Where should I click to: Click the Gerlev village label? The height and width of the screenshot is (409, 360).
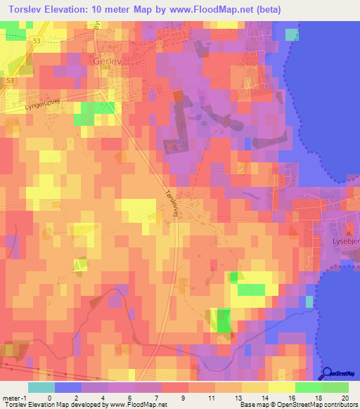(107, 61)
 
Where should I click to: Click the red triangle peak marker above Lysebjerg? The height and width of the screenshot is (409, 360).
(350, 228)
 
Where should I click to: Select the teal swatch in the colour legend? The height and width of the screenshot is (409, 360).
(41, 387)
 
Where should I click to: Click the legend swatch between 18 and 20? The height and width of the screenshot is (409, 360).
(335, 387)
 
